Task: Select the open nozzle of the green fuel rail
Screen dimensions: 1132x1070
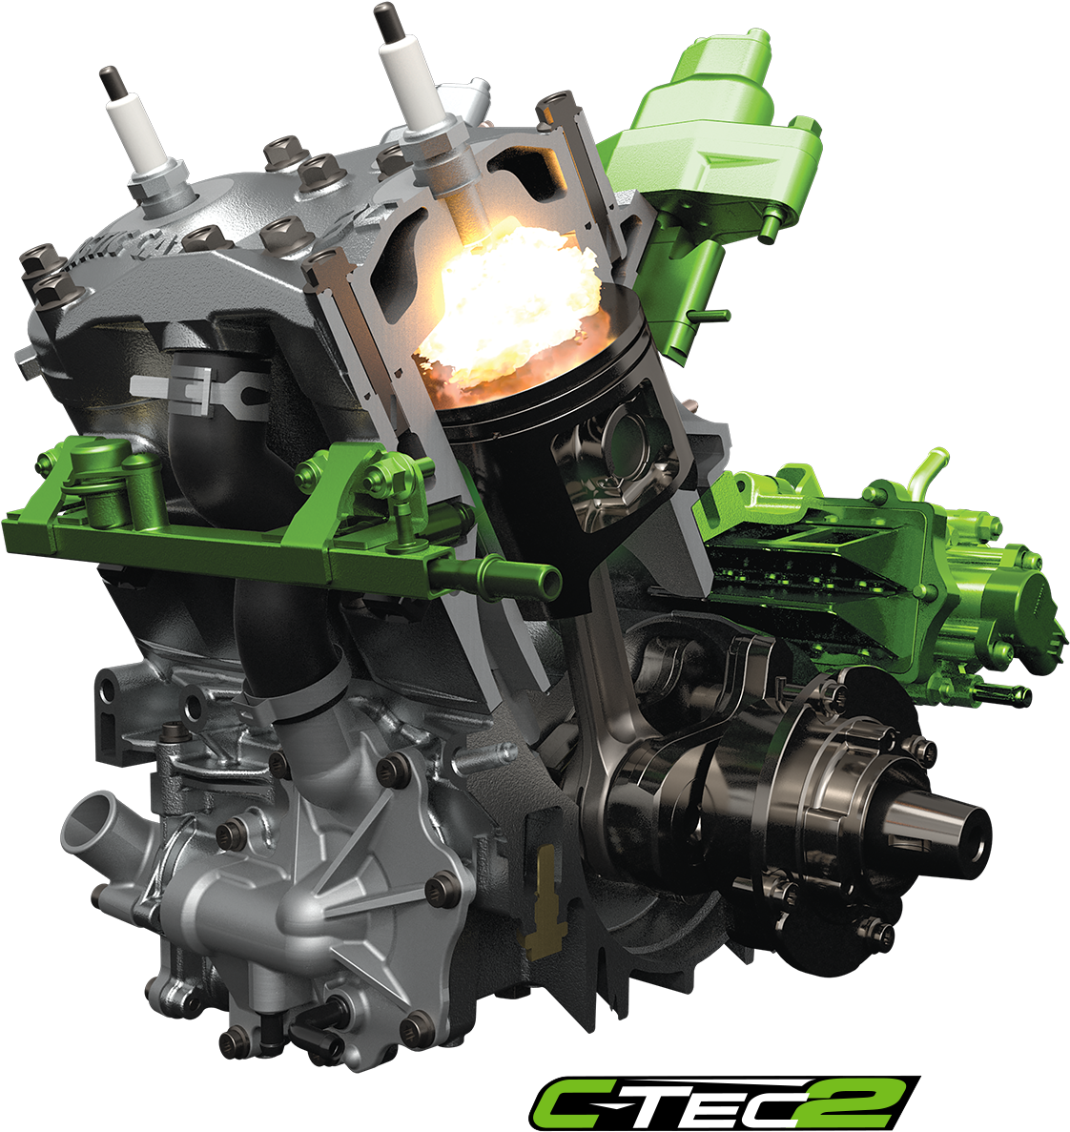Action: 543,578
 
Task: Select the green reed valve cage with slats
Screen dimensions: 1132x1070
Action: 811,563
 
